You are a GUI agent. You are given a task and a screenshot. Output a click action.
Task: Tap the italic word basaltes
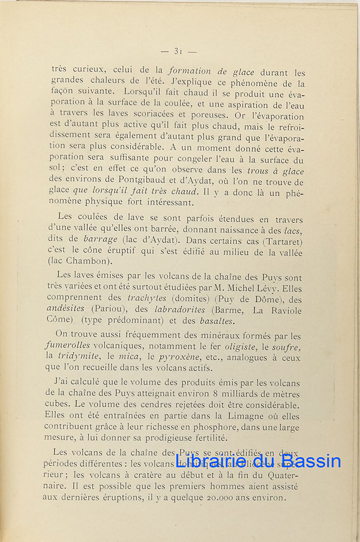pyautogui.click(x=216, y=320)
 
